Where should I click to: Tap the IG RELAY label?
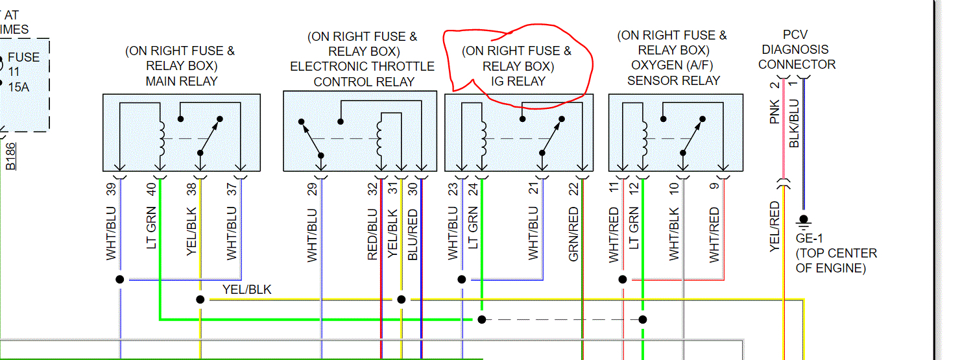point(517,81)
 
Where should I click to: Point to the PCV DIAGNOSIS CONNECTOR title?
point(797,49)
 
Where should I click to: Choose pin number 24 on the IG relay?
point(473,189)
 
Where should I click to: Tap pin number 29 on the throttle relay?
point(313,189)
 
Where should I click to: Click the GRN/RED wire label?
point(573,234)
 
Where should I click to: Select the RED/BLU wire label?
point(372,234)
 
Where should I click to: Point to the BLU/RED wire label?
point(413,234)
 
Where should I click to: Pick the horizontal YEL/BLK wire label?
point(246,289)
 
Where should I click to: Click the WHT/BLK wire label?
point(675,234)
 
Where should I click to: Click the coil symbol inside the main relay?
point(160,139)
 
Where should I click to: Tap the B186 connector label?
point(11,157)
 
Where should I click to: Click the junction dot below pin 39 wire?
point(120,280)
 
